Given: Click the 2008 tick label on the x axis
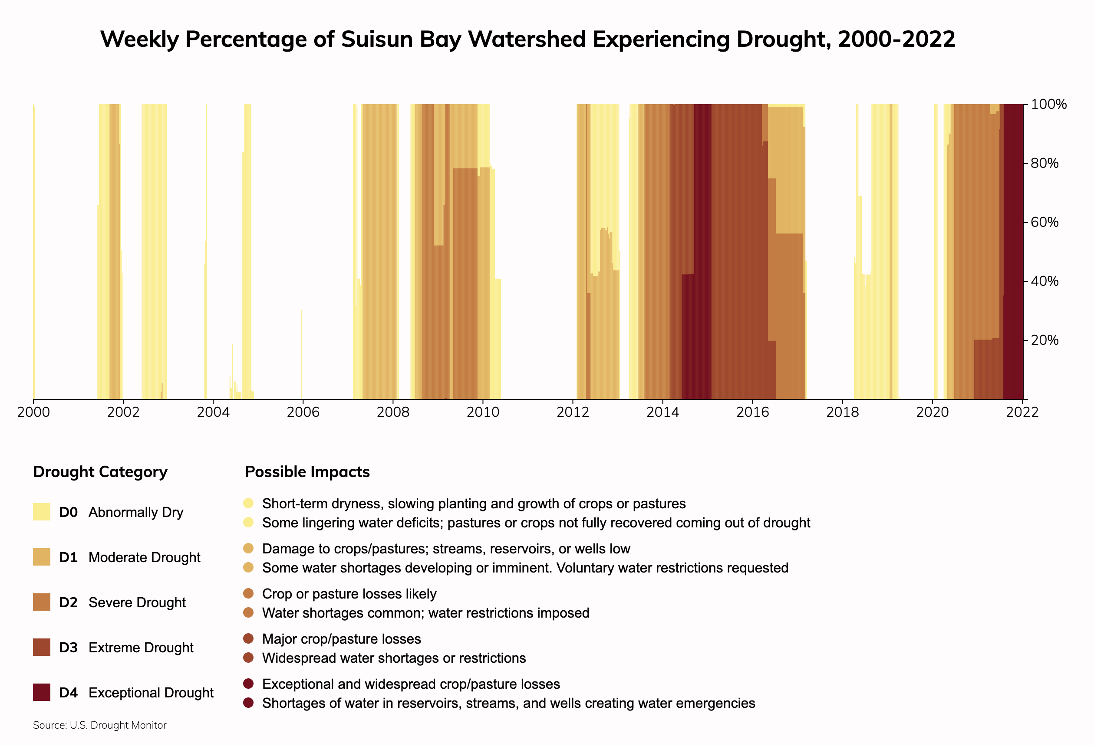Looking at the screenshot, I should (x=392, y=412).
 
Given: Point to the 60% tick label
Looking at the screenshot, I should (x=1045, y=222).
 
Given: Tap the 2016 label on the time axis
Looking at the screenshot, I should (x=752, y=412).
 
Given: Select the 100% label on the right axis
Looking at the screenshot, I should (x=1048, y=105).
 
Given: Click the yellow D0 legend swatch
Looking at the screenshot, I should (x=41, y=512).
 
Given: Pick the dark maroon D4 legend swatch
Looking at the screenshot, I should (x=41, y=692).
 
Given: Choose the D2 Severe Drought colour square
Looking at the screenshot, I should (x=41, y=602).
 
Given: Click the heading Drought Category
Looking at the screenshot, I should (x=100, y=472).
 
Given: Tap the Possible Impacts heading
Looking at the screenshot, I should (x=307, y=472).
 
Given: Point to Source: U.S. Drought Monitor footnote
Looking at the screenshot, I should (x=100, y=725).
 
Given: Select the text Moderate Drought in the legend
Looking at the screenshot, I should (x=144, y=557).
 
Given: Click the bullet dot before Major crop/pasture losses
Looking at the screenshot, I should (x=249, y=639).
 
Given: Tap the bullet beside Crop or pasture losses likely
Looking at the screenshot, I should (x=249, y=594).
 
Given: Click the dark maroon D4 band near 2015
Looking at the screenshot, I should (x=702, y=249).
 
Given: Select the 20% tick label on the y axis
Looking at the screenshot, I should (x=1045, y=340).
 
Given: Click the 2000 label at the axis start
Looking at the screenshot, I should (x=33, y=412).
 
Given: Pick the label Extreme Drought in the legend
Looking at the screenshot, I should (x=141, y=648).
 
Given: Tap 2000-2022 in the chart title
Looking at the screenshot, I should (x=896, y=39).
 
